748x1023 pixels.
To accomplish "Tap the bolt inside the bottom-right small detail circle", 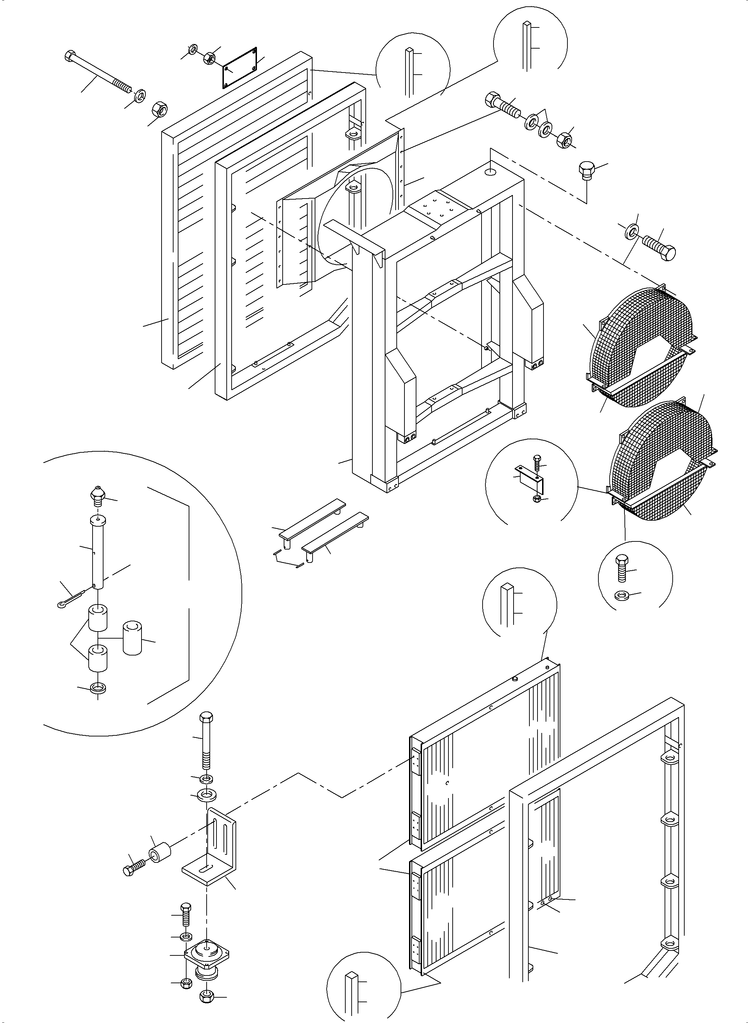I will (621, 567).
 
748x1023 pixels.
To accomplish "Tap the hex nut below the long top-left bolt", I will (158, 109).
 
